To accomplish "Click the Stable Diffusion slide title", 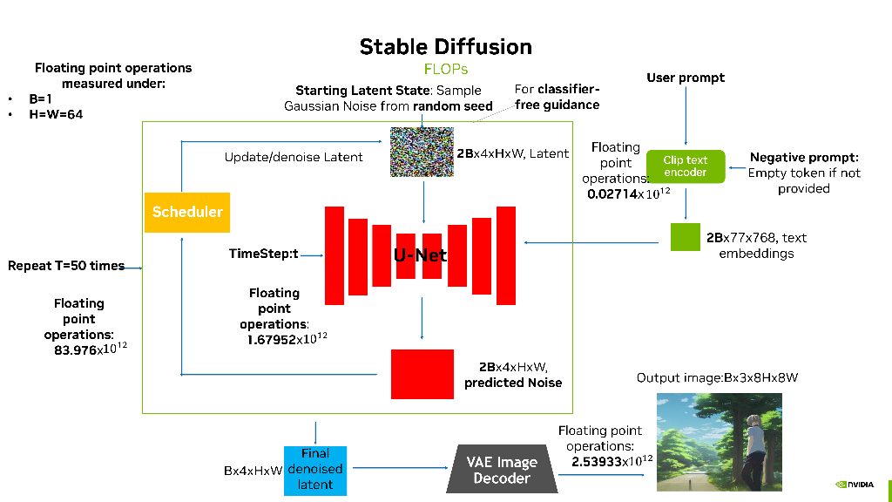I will click(x=445, y=46).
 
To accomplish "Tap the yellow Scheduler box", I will click(x=187, y=212).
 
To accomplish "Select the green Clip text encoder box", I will click(x=686, y=166).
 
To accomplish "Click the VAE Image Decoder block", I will click(x=502, y=470).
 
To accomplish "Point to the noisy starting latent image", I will click(x=422, y=153).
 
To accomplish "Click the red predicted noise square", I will click(x=422, y=374).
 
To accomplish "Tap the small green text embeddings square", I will click(x=686, y=237).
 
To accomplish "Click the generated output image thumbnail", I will click(x=719, y=442).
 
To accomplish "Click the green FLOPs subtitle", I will click(x=445, y=69).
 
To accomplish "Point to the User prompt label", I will click(x=686, y=78).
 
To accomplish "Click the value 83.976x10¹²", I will click(x=84, y=349).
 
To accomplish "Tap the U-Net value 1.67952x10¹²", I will click(x=287, y=339).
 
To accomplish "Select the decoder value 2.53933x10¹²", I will click(x=612, y=461).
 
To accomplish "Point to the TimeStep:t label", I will click(x=263, y=254).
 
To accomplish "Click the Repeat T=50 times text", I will click(x=66, y=266).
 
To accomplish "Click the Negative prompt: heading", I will click(x=804, y=158).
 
